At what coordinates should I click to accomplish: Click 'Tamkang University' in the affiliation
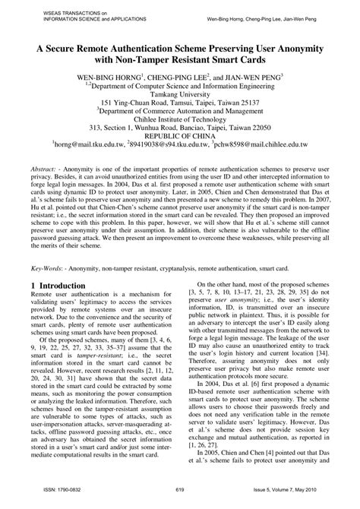(180, 99)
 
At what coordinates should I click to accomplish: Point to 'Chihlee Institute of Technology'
(180, 120)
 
